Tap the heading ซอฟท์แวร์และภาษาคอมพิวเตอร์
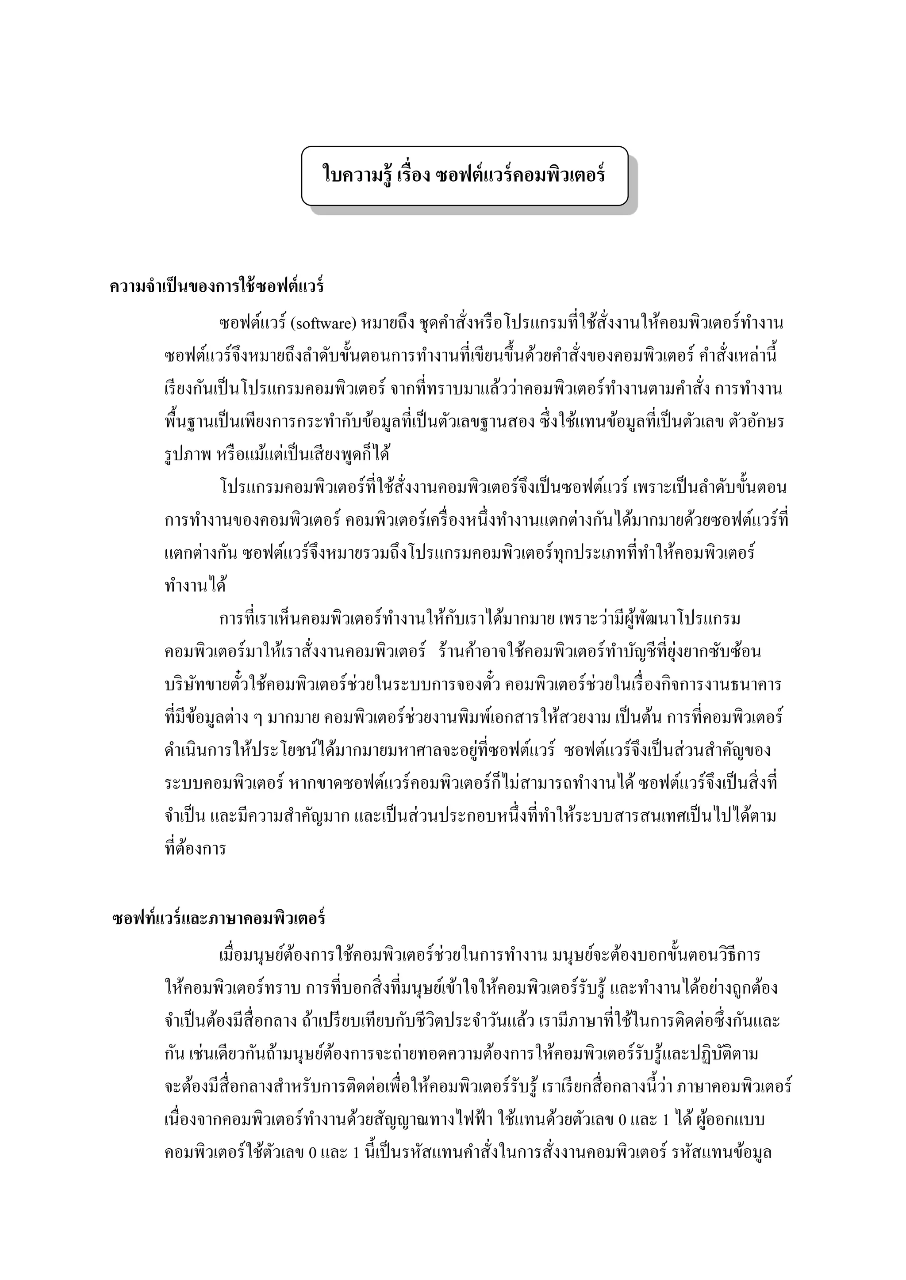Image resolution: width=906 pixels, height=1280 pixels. [219, 918]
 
